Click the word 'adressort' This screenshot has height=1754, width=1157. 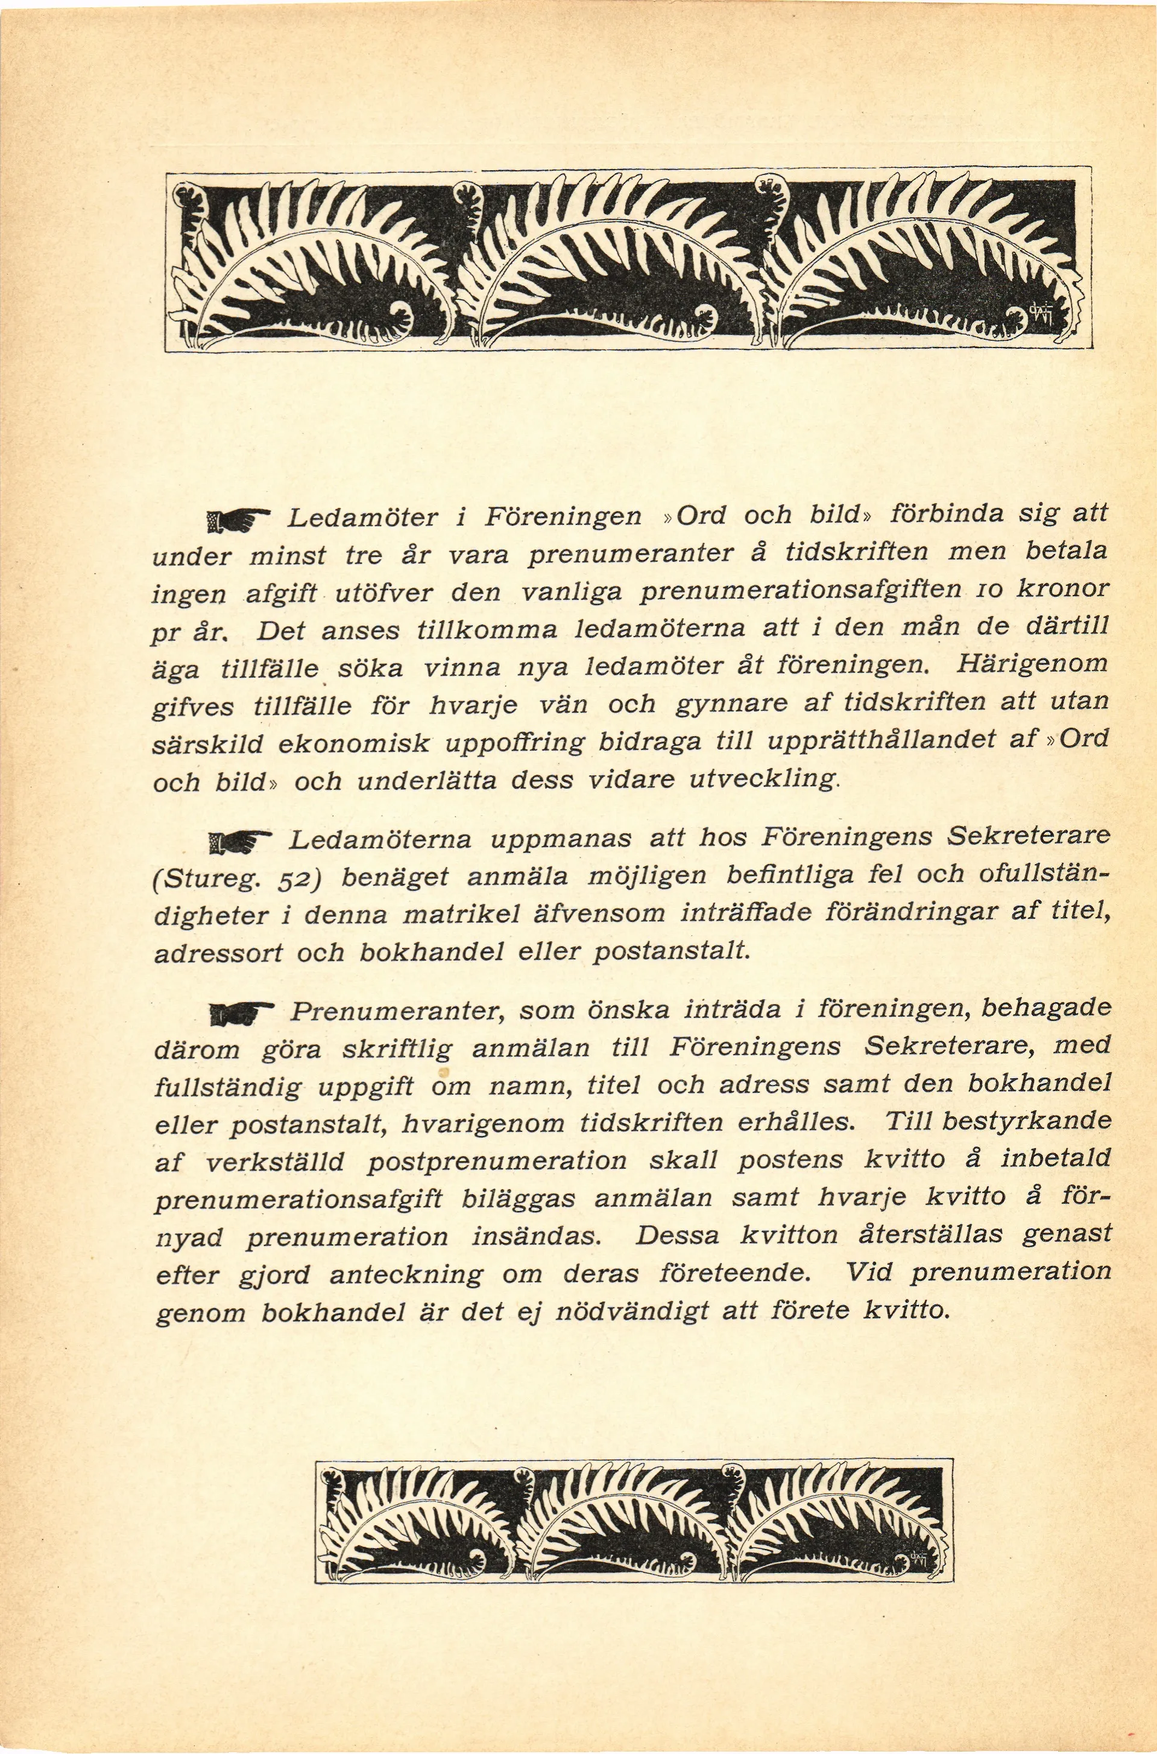coord(218,955)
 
